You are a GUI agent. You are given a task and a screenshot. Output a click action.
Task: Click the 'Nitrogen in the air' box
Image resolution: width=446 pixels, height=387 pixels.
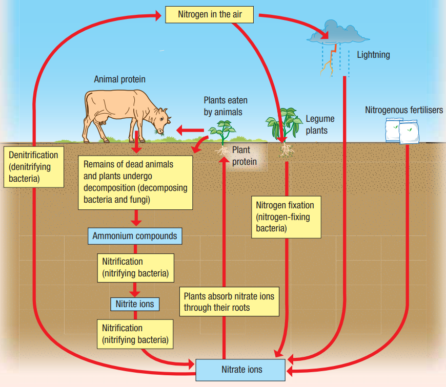209,14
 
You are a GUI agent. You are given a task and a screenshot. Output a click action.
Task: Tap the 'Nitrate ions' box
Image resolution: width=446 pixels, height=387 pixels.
241,369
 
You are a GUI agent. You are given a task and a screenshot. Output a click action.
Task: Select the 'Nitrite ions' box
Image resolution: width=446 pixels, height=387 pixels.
135,304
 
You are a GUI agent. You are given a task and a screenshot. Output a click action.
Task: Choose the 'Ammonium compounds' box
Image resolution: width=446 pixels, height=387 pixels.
135,236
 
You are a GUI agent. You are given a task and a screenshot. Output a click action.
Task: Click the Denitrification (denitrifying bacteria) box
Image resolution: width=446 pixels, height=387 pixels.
33,167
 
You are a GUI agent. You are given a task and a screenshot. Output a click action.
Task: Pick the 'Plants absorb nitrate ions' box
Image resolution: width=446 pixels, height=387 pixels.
229,302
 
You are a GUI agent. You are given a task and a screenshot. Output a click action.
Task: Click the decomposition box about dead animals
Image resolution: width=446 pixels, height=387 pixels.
135,183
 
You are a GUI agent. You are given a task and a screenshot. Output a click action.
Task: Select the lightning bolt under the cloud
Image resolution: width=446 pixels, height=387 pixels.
330,59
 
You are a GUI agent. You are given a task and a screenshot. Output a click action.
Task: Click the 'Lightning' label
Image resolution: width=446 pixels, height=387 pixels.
373,55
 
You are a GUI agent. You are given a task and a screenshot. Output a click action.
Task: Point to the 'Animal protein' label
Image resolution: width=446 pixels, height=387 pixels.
119,79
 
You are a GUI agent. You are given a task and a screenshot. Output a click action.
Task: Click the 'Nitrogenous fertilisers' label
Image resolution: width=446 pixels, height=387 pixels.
404,110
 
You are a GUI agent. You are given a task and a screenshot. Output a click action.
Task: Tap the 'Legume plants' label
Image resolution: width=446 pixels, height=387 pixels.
320,124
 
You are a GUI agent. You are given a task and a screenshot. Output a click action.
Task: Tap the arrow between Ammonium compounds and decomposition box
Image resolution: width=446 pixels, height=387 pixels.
135,219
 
